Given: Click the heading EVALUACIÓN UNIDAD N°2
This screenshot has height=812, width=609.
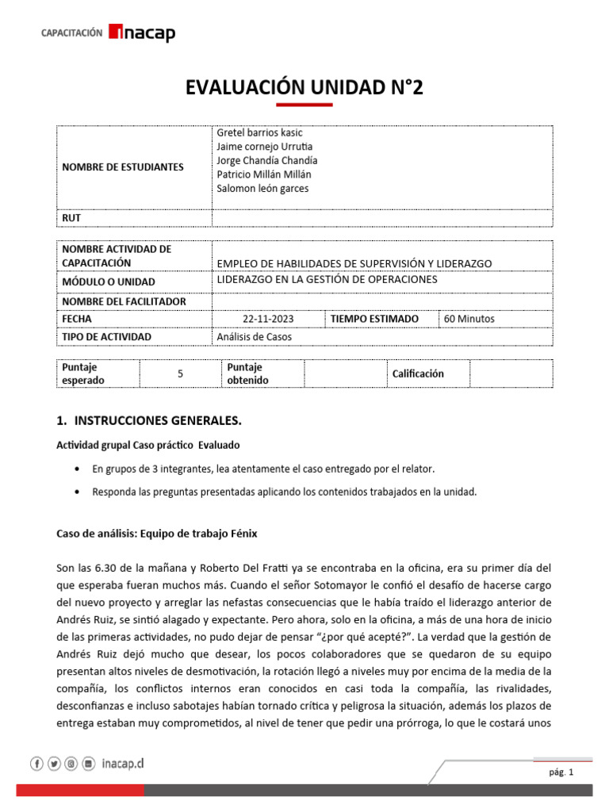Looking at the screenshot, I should coord(304,87).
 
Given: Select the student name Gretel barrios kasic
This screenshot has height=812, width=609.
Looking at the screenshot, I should coord(259,133).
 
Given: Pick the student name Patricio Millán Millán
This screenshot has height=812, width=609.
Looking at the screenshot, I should coord(265,174).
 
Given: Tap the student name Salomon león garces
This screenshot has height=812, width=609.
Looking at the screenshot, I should coord(262,189).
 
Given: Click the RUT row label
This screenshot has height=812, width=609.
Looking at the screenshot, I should coord(71,217).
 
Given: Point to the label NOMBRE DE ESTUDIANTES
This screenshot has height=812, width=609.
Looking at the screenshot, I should coord(122,167).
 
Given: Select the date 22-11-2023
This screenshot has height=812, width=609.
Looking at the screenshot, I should coord(268,319).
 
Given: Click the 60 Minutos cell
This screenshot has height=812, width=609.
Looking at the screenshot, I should coord(469,319).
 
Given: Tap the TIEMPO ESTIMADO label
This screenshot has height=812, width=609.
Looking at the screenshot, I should coord(374,319).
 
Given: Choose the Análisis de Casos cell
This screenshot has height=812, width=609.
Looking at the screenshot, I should coord(255,337).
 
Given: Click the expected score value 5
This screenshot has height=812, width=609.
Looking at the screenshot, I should coord(180,373).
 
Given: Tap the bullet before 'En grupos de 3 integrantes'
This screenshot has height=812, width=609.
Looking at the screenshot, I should coord(75,469).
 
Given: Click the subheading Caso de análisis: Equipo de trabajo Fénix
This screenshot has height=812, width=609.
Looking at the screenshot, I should coord(156,534).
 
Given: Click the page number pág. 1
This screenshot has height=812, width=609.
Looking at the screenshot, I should coord(560,772).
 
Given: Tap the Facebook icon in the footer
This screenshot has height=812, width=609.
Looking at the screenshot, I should coord(36,764).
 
